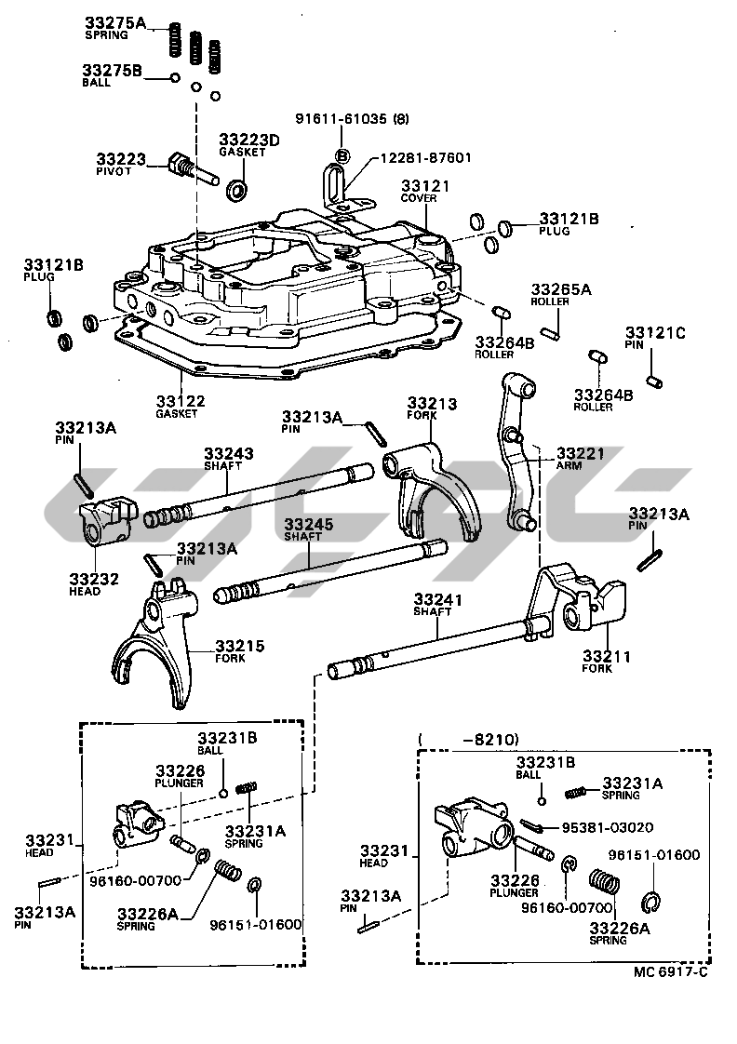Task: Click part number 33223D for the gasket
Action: (x=249, y=140)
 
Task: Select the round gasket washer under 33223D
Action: (x=239, y=191)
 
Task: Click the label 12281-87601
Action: (x=425, y=157)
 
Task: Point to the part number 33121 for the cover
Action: (x=425, y=186)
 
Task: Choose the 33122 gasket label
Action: (x=181, y=401)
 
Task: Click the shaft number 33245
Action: (x=308, y=524)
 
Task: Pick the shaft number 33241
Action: (x=438, y=600)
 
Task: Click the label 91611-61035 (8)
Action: (x=353, y=119)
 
